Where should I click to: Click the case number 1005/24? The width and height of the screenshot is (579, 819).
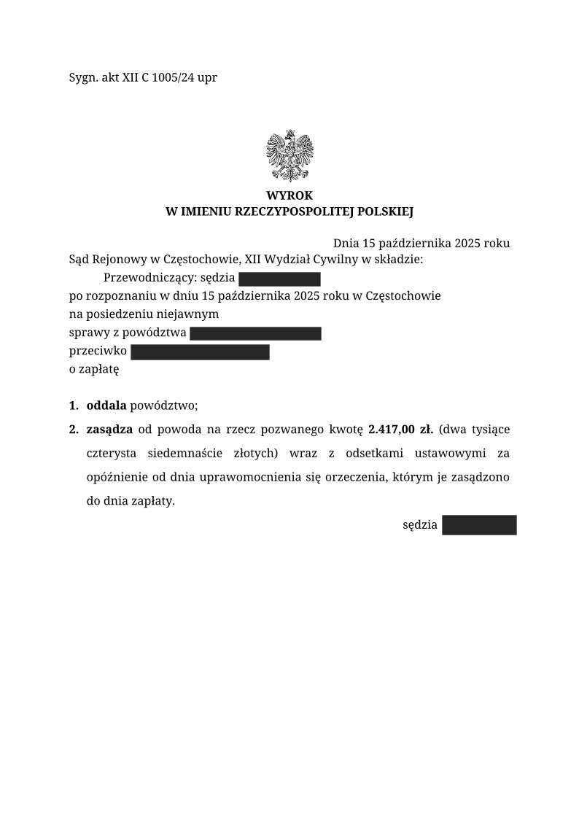[173, 77]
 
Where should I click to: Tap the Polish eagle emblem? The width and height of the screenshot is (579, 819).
[289, 155]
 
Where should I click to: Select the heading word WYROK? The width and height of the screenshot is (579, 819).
[289, 196]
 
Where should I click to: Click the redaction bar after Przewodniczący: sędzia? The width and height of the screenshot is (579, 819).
[279, 279]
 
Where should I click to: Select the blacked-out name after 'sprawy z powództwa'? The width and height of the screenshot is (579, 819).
[255, 334]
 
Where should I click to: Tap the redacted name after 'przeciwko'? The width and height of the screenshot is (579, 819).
[200, 352]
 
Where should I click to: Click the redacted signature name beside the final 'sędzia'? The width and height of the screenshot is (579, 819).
[479, 525]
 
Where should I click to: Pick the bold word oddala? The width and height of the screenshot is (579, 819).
[106, 405]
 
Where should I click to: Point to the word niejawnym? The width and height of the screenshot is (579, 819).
[194, 314]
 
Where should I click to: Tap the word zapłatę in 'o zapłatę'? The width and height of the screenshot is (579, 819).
[100, 369]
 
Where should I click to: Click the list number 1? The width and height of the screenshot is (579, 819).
[73, 405]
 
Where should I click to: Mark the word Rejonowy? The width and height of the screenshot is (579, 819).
[123, 260]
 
